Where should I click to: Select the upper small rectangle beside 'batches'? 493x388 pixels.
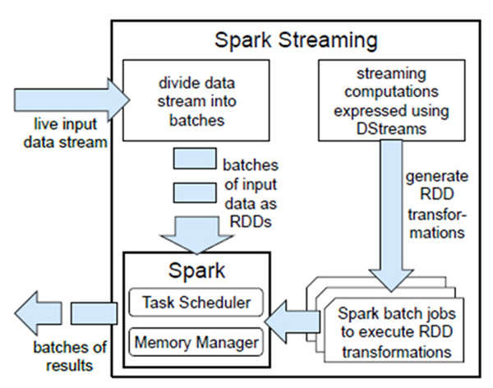coord(194,160)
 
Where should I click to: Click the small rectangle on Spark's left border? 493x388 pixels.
coord(86,314)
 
